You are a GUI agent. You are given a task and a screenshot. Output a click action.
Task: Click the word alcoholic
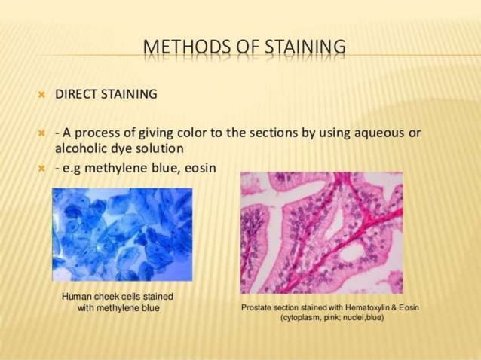click(84, 148)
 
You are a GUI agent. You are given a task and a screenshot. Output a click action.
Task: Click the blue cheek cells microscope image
click(121, 233)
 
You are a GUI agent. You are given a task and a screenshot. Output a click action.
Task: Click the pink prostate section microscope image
click(321, 233)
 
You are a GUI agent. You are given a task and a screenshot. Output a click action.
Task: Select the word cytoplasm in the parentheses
click(302, 318)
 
